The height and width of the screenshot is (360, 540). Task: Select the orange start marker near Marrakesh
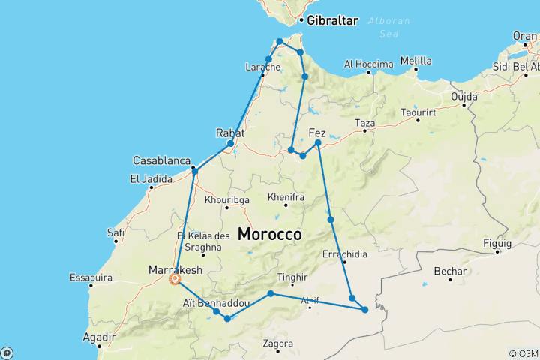coord(175,279)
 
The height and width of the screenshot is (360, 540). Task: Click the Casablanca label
coord(160,161)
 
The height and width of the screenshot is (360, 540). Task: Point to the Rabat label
coord(230,133)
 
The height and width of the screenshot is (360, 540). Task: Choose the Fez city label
coord(317,133)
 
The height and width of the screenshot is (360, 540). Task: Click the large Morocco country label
coord(269,234)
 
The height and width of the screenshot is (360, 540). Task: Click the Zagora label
coord(277,344)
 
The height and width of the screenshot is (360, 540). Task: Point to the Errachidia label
coord(344,254)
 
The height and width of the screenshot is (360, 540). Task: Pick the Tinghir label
coord(292,277)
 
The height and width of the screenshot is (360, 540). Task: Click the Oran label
coord(525,35)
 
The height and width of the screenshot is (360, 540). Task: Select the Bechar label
coord(450,271)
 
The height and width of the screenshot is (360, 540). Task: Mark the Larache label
coord(262,67)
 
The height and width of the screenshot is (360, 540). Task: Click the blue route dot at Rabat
coord(231,143)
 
